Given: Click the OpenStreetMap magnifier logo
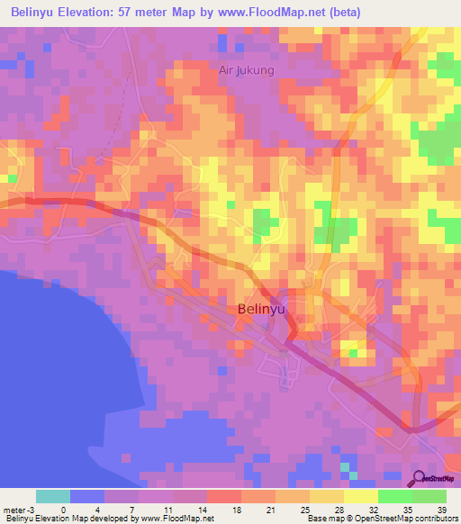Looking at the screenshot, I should click(419, 478).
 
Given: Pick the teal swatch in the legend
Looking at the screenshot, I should click(53, 496).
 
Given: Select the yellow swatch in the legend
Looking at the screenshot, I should click(360, 496).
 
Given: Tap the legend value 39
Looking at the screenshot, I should click(442, 508).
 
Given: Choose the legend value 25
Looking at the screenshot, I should click(304, 508).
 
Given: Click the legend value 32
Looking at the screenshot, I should click(374, 508).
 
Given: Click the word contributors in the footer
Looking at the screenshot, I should click(435, 519).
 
